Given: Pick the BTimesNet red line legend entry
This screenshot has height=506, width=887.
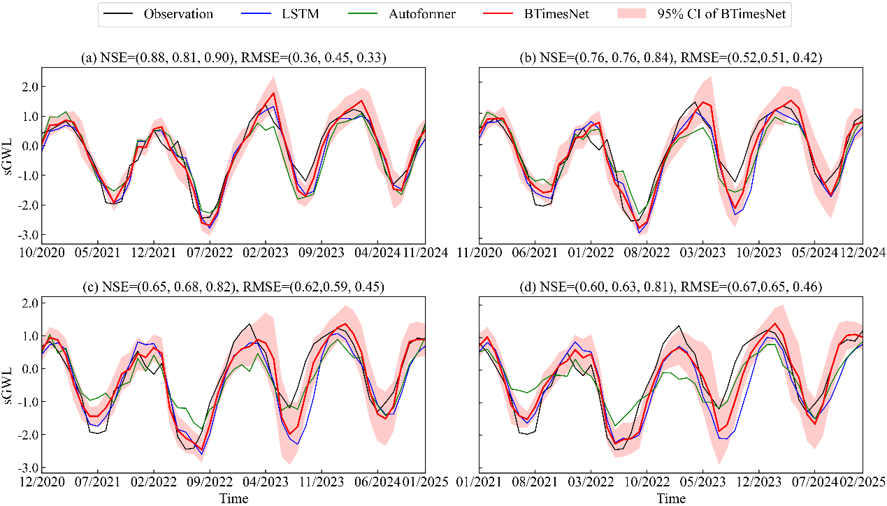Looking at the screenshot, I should coord(573,14).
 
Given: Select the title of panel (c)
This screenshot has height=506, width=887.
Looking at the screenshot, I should coord(233,286).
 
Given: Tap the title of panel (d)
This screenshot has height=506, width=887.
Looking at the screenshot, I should coord(670,286).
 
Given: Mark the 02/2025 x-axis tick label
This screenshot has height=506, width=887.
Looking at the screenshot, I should coord(863,482).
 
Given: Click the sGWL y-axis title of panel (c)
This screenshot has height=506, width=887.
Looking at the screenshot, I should coord(8,382).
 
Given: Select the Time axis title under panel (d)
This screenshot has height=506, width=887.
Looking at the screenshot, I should coord(671,498).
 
